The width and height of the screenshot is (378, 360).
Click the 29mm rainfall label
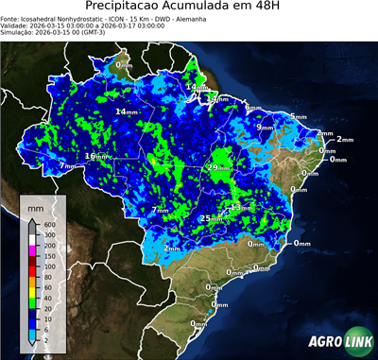click(217, 167)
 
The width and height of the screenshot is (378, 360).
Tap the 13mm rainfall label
click(240, 207)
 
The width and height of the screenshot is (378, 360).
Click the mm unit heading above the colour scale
click(36, 206)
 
